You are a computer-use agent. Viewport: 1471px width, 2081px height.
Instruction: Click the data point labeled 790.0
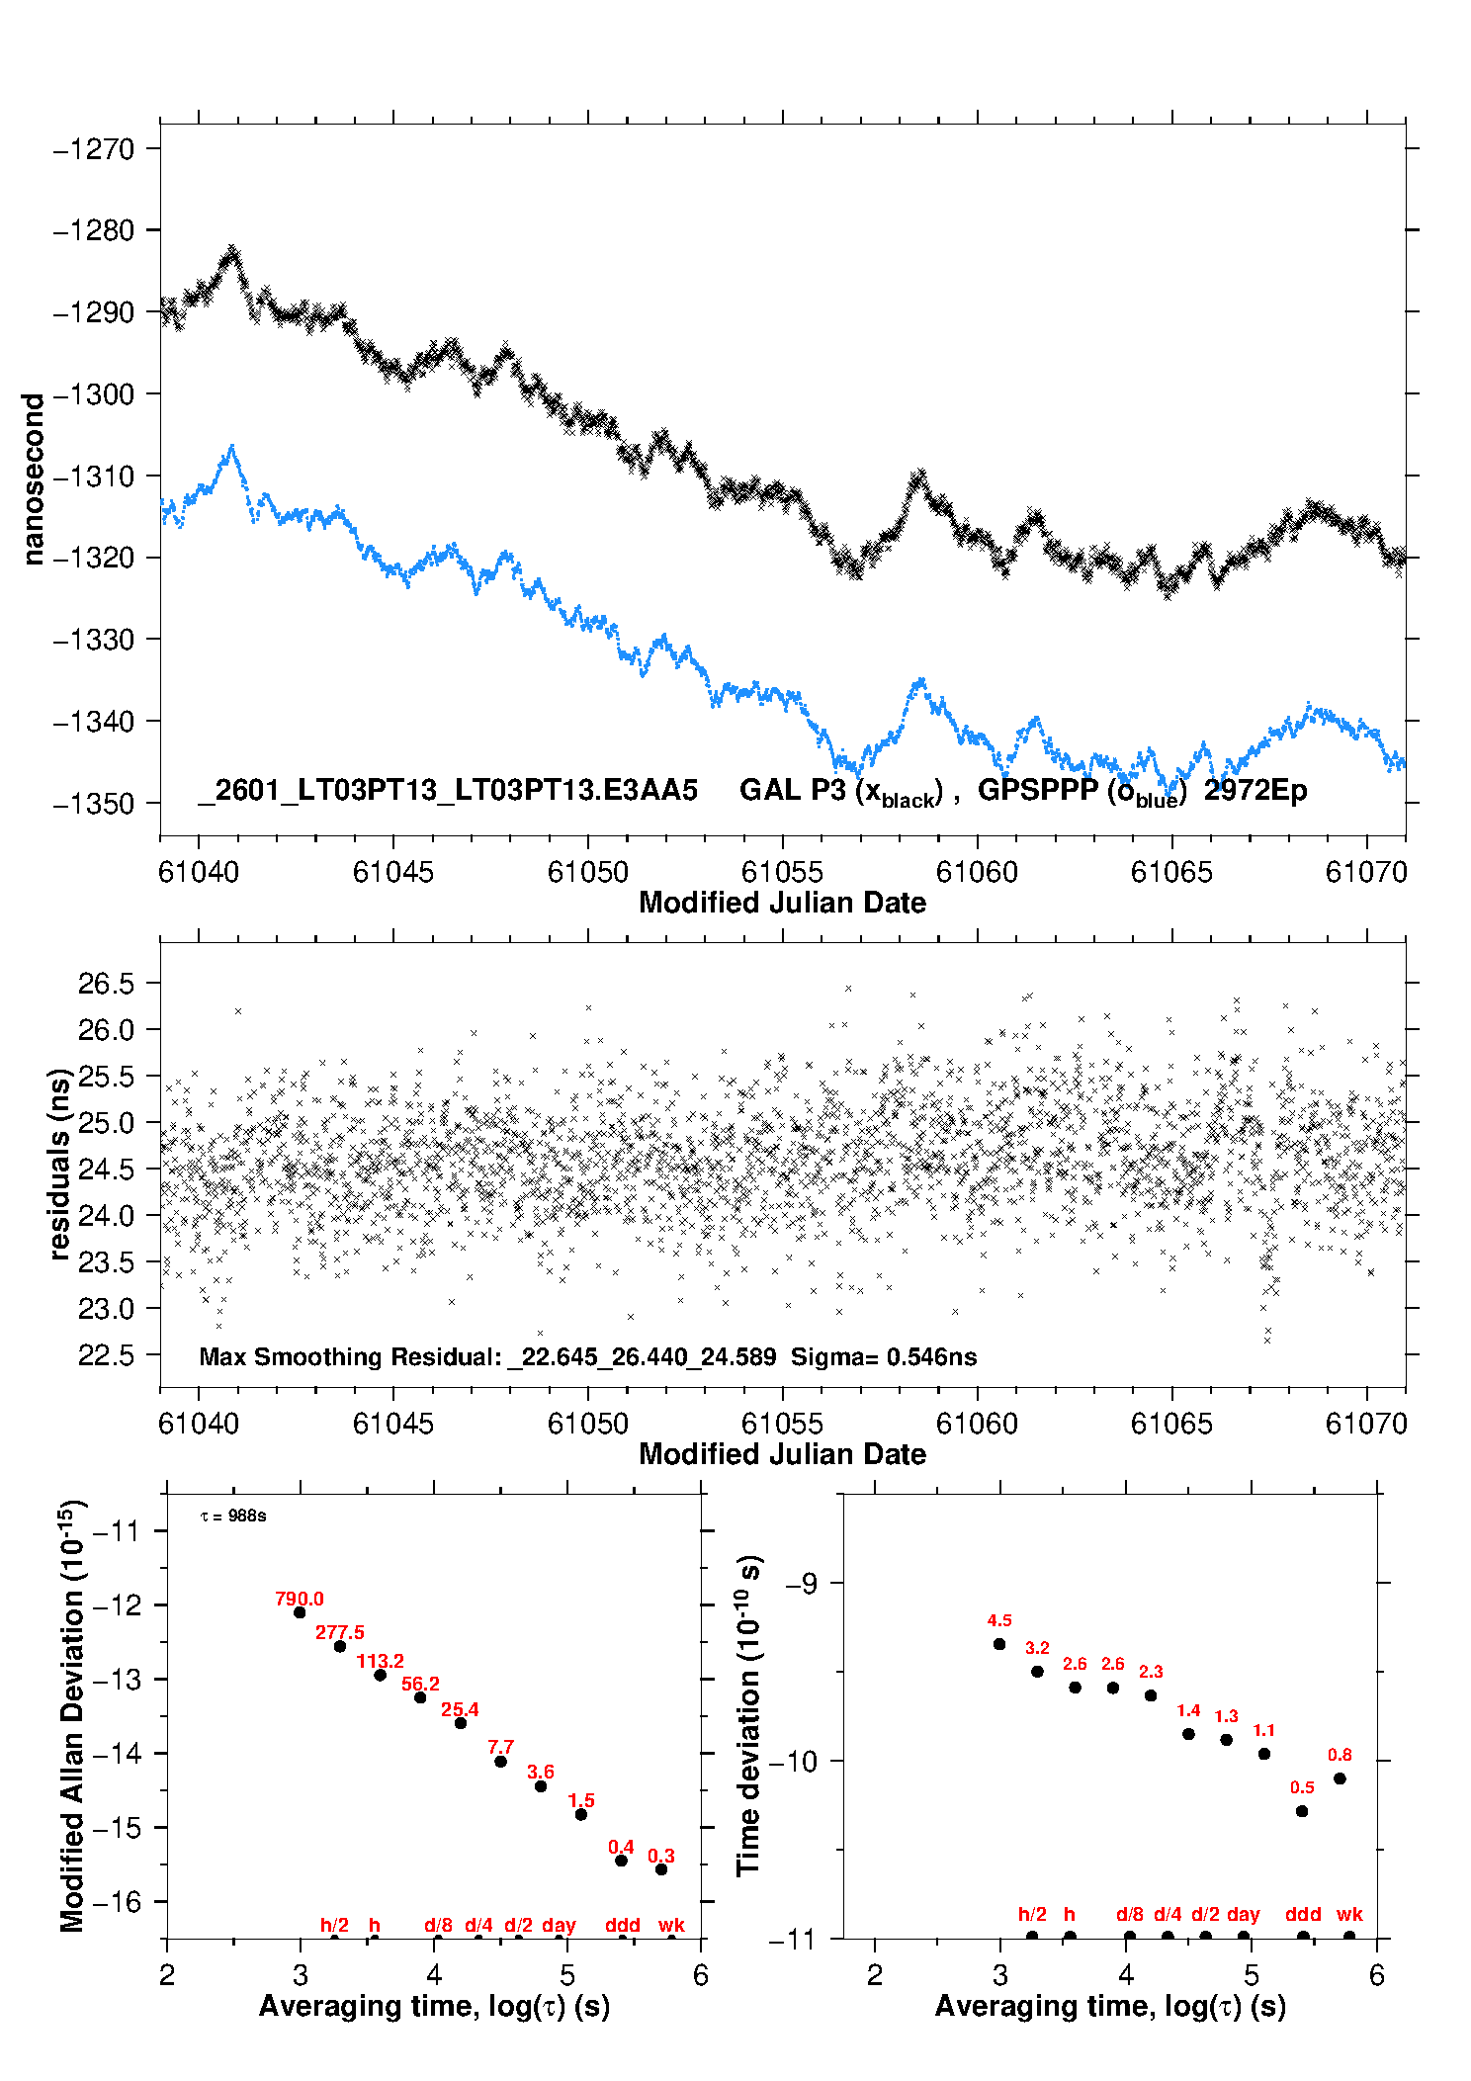tap(300, 1612)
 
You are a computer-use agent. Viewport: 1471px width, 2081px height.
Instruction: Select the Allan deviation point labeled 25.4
tap(461, 1723)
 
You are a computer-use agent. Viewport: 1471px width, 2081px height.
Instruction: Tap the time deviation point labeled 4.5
tap(999, 1644)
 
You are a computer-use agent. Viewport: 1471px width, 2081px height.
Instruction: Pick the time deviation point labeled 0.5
tap(1302, 1811)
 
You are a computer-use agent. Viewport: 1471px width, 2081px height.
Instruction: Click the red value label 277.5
tap(339, 1632)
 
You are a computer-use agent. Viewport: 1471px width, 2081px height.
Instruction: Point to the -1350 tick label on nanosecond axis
tap(94, 804)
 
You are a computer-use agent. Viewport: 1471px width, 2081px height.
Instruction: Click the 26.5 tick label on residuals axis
tap(106, 984)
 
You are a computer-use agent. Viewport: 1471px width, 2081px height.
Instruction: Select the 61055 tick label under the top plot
tap(782, 872)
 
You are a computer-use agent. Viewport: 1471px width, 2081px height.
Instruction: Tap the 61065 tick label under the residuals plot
tap(1171, 1424)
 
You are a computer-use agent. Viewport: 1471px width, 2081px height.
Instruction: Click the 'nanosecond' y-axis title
tap(34, 479)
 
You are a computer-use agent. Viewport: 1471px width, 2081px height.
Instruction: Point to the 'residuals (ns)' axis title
tap(59, 1164)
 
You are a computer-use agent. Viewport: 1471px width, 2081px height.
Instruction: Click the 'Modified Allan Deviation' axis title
tap(71, 1715)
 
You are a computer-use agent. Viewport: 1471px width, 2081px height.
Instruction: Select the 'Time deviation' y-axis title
tap(748, 1715)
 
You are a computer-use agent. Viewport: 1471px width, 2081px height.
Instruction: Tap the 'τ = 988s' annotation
tap(233, 1516)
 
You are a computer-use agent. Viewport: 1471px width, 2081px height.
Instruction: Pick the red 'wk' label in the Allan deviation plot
tap(671, 1925)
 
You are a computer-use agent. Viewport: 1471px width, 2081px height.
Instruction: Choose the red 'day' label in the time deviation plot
tap(1243, 1914)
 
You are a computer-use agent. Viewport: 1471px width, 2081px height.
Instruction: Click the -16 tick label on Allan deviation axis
tap(118, 1901)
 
